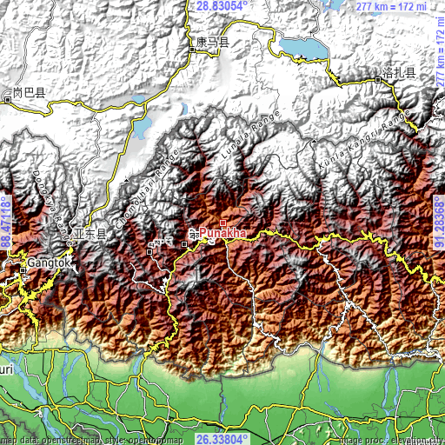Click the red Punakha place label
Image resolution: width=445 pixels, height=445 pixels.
point(223,233)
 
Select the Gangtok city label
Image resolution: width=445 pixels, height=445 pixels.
point(45,261)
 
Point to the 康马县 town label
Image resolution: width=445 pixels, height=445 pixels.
point(213,41)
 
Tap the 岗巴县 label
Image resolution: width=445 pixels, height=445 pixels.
point(28,92)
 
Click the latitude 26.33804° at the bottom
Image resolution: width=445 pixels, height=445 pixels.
point(223,439)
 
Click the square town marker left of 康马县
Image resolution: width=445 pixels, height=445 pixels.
point(192,50)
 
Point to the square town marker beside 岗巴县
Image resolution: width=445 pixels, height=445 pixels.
point(8,100)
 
